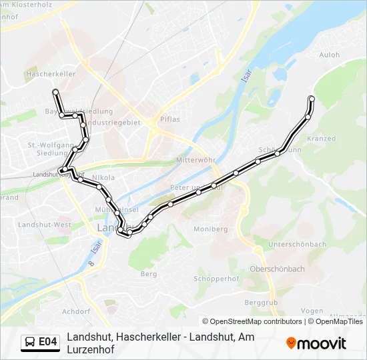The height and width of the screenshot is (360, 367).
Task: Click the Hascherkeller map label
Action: (x=50, y=74)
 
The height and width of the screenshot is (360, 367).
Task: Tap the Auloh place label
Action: (x=331, y=55)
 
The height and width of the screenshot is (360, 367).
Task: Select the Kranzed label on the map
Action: (x=322, y=138)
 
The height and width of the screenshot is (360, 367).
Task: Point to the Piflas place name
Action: (x=169, y=119)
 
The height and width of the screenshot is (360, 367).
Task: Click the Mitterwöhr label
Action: (x=196, y=161)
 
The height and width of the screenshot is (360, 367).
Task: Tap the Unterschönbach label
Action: (x=297, y=245)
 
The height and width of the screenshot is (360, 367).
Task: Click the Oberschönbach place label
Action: (x=277, y=269)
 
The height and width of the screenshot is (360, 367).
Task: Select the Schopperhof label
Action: (x=216, y=278)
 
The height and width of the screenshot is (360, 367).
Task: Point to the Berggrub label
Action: (x=260, y=302)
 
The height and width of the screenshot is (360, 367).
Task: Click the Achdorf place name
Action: (x=75, y=311)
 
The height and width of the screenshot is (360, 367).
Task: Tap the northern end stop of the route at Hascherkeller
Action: (x=55, y=91)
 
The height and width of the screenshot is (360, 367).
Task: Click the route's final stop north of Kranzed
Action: (x=312, y=99)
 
